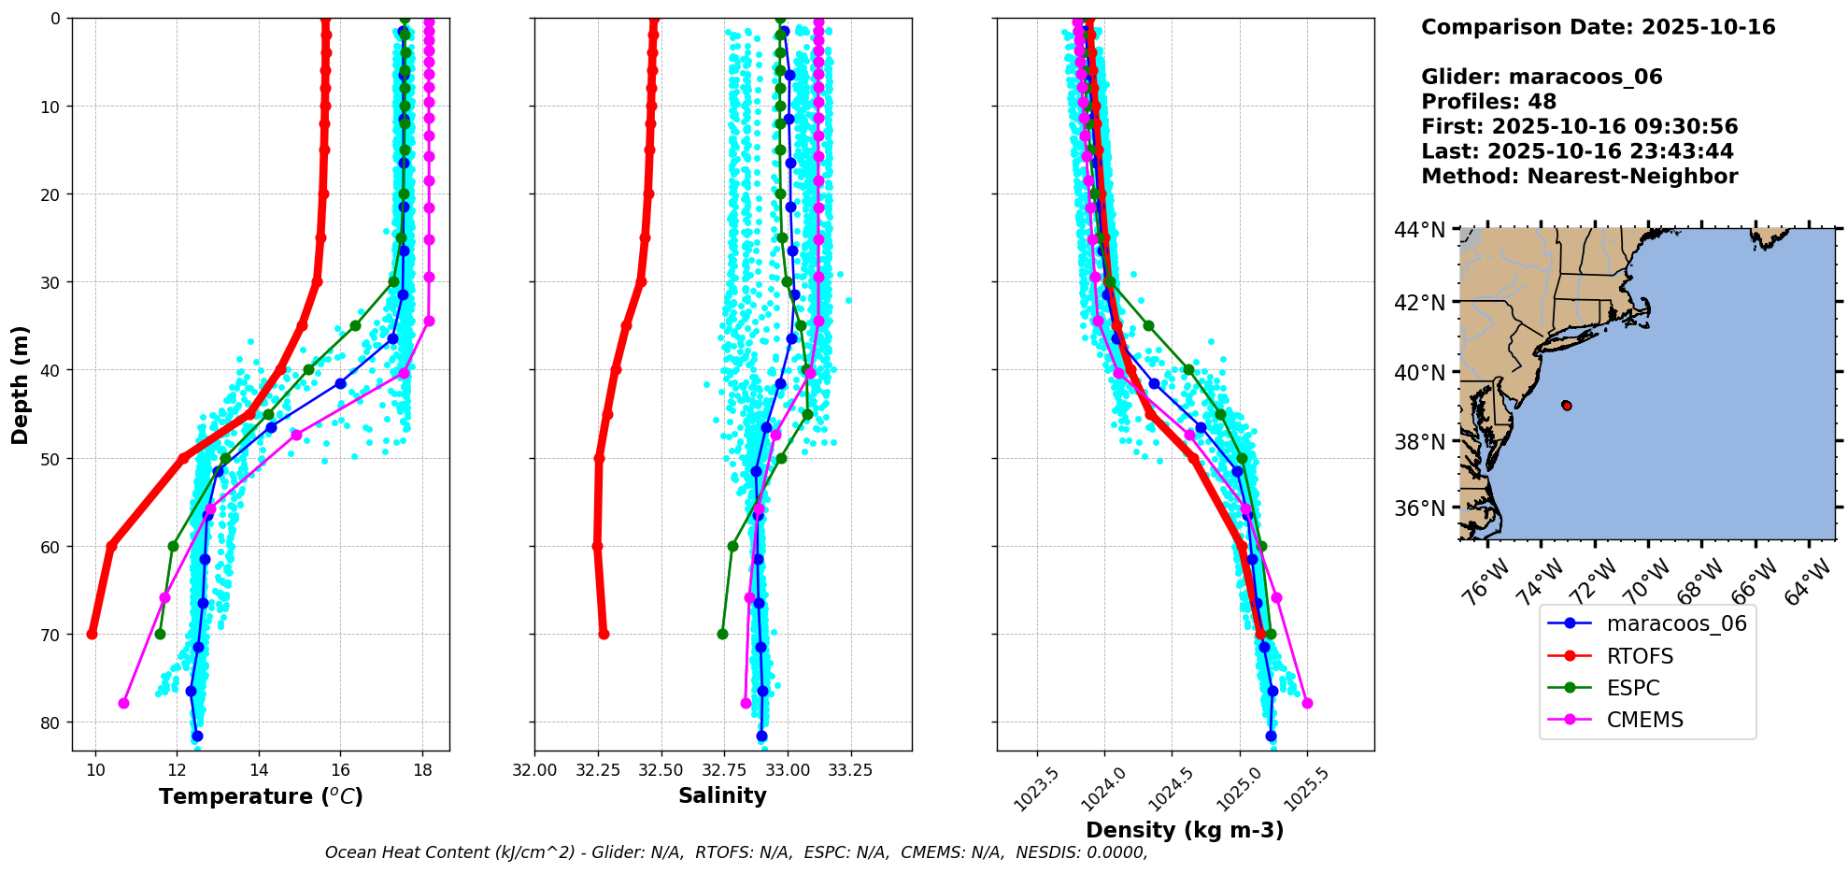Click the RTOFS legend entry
click(1639, 656)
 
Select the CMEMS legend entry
click(1643, 720)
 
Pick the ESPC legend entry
click(1632, 688)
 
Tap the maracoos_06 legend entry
click(1675, 623)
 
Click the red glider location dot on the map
click(1567, 406)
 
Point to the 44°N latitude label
click(1419, 230)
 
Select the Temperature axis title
click(261, 796)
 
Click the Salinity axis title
click(722, 795)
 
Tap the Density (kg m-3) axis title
click(1185, 830)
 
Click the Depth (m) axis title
click(21, 384)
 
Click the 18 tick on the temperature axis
click(422, 770)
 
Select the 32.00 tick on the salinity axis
click(534, 770)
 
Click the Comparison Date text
click(1598, 27)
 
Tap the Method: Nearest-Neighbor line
click(1579, 177)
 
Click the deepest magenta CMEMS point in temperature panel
click(123, 703)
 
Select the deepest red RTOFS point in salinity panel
click(604, 634)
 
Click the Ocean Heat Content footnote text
click(736, 852)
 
